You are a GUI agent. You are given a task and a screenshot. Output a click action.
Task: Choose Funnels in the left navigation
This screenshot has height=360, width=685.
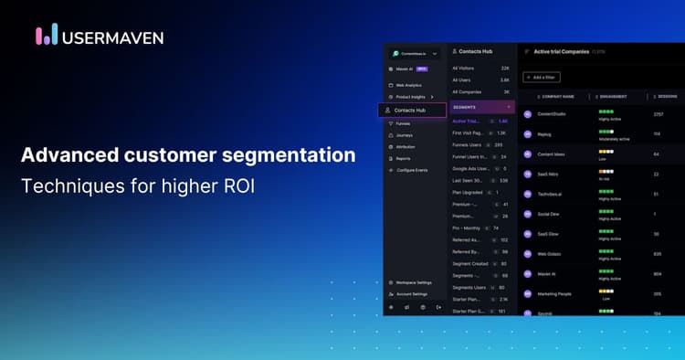tap(404, 122)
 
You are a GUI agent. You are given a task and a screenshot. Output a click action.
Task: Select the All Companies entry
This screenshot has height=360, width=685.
tap(482, 92)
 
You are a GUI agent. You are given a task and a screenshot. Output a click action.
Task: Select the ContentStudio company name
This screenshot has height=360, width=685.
tap(553, 114)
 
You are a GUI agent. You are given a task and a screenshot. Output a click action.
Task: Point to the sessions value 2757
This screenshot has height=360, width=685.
tap(658, 114)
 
